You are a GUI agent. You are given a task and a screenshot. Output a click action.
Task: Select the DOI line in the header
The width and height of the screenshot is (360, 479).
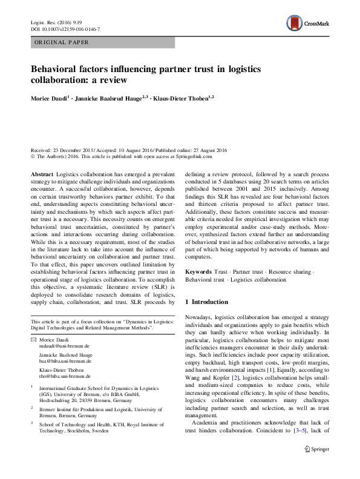pyautogui.click(x=65, y=28)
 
